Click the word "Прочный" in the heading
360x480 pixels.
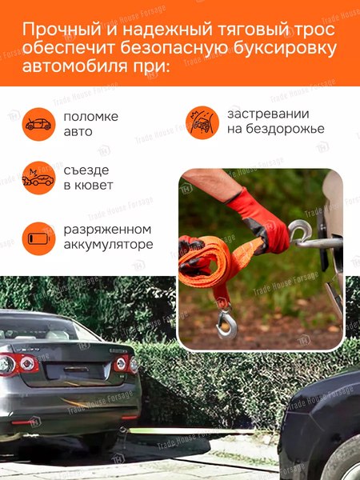point(61,30)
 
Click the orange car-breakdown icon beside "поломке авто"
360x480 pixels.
point(37,123)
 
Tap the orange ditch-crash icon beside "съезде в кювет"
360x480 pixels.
point(37,178)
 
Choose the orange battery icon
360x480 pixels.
point(37,238)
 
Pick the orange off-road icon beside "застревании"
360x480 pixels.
point(202,122)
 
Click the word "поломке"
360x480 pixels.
point(91,116)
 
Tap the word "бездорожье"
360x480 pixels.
point(275,129)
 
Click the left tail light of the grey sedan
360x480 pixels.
point(18,364)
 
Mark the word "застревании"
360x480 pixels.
point(268,114)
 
